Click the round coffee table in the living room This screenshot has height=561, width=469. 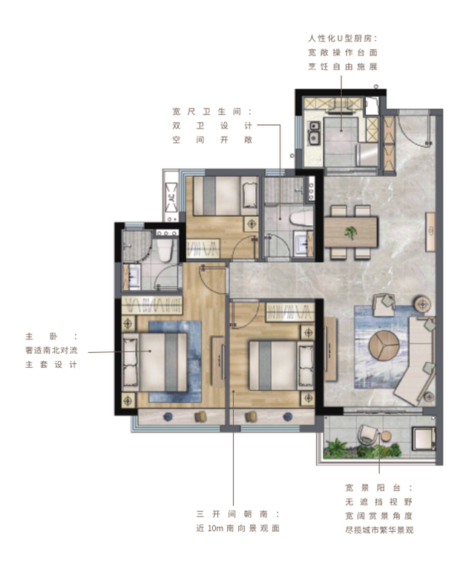pos(384,346)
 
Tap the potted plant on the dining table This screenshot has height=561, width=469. pos(351,233)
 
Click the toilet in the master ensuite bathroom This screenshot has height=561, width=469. pos(165,249)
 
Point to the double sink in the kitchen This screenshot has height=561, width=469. pos(315,133)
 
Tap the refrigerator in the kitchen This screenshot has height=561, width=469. pos(367,155)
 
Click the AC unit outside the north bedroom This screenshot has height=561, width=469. pos(171,197)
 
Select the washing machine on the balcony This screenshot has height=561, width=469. pos(424,438)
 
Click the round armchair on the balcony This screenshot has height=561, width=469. pos(369,435)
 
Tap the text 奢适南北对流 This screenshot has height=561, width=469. pos(51,350)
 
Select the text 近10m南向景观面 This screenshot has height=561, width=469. pos(237,528)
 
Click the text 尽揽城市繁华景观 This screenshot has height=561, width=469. pos(379,530)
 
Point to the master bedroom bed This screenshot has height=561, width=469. pos(154,362)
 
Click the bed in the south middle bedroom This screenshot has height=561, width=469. pos(281,366)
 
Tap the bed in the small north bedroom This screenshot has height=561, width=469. pos(226,196)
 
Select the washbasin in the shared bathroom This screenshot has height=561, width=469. pos(303,242)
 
